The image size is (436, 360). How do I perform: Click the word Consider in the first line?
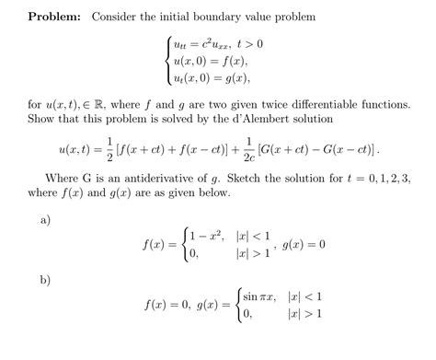pos(118,17)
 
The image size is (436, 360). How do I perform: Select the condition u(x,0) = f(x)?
pos(204,62)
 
